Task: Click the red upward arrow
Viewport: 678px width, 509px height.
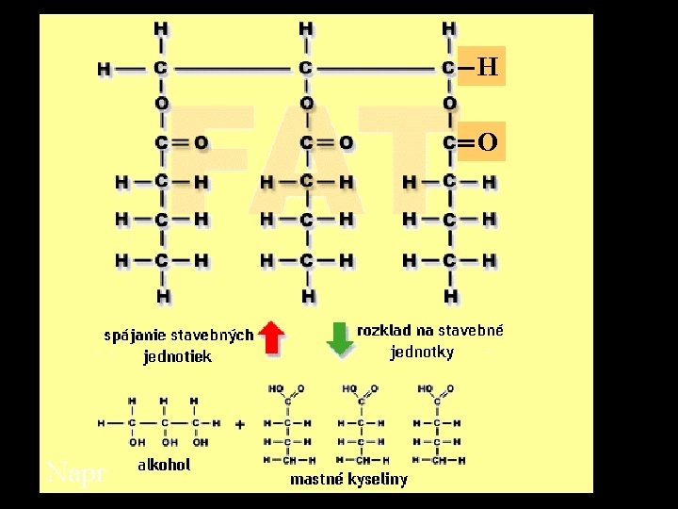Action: point(272,337)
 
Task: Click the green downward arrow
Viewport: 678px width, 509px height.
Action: point(338,338)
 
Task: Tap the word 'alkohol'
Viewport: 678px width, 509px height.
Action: point(164,465)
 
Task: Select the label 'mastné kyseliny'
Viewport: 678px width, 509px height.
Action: point(348,480)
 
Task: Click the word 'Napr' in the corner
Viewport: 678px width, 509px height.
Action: point(76,473)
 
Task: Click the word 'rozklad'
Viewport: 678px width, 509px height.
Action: point(385,331)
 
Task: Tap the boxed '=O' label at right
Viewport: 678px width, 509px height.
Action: point(481,143)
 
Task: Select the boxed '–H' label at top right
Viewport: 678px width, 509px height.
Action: point(481,67)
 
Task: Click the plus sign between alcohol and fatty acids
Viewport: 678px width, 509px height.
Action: point(240,424)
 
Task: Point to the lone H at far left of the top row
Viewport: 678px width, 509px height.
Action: point(105,69)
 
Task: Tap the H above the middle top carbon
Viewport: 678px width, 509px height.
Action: point(306,28)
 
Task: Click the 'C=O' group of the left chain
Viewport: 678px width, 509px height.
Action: point(181,143)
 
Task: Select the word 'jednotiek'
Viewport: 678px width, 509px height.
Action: point(177,356)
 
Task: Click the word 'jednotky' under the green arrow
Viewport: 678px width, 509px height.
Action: point(422,353)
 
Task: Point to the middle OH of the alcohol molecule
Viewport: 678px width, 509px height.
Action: point(170,441)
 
